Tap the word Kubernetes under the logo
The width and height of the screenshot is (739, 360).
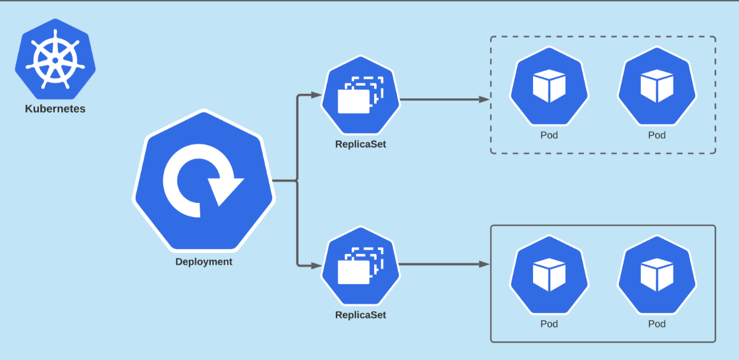[55, 109]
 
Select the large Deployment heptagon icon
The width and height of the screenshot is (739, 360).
[203, 182]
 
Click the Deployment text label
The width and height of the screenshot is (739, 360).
[203, 262]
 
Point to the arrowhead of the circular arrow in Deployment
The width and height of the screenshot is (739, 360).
[225, 190]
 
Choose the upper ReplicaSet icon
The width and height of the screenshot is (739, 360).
[360, 95]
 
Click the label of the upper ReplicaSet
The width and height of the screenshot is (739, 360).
[360, 145]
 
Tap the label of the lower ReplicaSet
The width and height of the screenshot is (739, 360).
[360, 315]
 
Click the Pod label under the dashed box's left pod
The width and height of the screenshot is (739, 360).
[549, 135]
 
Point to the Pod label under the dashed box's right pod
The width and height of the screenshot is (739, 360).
[656, 135]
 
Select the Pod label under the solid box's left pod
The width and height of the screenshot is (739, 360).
[549, 324]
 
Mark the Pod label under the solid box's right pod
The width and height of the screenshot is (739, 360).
[656, 324]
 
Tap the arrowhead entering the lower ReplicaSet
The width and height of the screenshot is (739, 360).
[316, 265]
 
